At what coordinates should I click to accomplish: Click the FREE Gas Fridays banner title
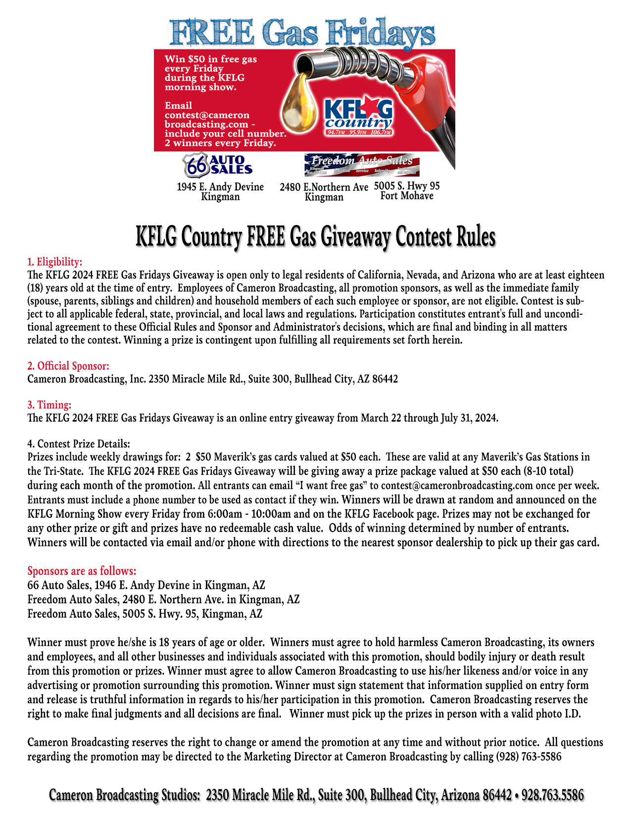[303, 34]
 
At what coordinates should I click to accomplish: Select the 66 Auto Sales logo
[218, 165]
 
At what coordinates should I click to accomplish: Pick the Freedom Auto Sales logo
[362, 165]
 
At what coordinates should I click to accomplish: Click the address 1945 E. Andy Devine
[220, 187]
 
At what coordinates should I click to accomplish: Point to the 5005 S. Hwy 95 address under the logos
[407, 186]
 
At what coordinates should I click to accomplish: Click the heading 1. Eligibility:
[54, 261]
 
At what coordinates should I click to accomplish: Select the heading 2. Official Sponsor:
[68, 366]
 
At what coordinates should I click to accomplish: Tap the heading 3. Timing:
[49, 405]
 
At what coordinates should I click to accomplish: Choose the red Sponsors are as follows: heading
[82, 571]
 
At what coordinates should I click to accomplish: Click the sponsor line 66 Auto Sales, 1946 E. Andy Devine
[146, 585]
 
